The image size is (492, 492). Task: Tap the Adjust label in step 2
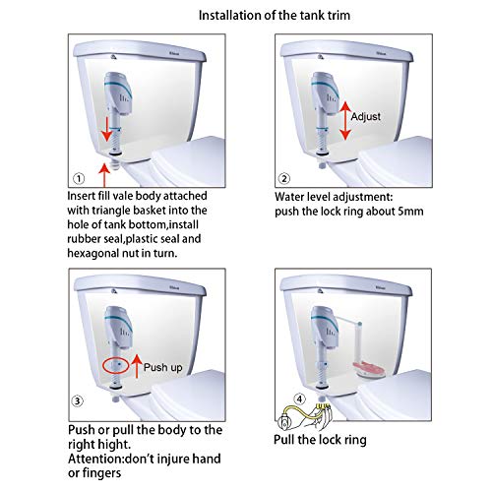click(x=369, y=116)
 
